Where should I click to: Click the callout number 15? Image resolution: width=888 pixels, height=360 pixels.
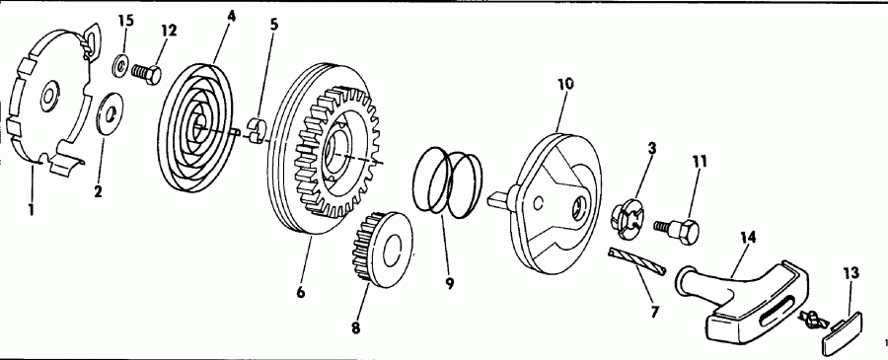click(124, 21)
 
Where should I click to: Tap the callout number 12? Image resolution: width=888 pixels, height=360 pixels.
click(169, 31)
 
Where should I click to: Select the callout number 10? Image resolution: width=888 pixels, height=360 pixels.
click(564, 85)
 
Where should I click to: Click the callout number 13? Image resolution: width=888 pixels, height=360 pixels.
click(850, 272)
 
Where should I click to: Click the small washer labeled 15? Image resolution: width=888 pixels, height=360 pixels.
click(120, 66)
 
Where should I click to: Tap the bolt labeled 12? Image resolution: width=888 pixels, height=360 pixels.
click(147, 72)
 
